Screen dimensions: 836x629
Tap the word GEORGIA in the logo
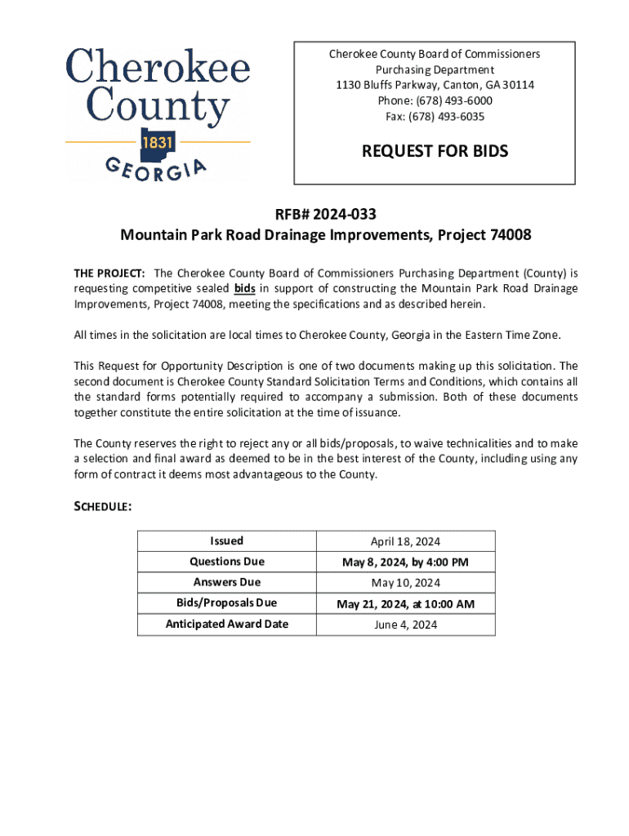(156, 169)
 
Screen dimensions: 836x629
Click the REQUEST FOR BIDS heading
(435, 151)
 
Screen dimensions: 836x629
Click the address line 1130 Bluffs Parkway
(434, 86)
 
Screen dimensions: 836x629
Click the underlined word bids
(244, 289)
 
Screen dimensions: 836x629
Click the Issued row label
(226, 541)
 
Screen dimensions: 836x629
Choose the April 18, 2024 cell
(405, 541)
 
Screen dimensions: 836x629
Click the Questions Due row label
(226, 562)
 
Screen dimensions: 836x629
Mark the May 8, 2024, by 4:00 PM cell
(405, 563)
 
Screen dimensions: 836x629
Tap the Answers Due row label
(226, 583)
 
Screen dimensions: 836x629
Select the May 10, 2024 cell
(405, 583)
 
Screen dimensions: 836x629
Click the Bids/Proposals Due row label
(226, 603)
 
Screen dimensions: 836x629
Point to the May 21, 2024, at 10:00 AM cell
(405, 604)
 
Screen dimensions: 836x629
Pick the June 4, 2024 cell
(405, 625)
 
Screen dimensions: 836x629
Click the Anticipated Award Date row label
(226, 625)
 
